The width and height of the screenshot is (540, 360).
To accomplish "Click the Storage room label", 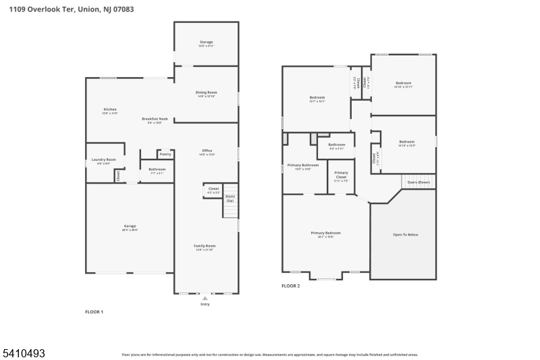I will [x=206, y=42].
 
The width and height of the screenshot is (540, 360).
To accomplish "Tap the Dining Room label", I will [x=206, y=93].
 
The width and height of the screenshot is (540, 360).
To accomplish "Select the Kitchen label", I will [x=110, y=109].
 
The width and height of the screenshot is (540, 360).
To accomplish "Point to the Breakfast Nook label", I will [x=155, y=119].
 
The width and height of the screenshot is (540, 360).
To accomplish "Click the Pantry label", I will [x=166, y=154].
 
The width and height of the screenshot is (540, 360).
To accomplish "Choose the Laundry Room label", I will [x=103, y=160].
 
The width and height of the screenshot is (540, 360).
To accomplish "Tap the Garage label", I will [x=130, y=226].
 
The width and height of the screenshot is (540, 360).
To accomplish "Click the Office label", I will [x=207, y=151].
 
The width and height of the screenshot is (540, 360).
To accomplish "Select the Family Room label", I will [x=205, y=246].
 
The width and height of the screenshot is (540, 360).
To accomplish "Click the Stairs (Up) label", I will [x=230, y=198].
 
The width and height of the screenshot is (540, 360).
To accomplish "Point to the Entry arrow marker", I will [x=205, y=298].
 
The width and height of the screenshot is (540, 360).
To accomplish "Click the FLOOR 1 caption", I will [x=94, y=312].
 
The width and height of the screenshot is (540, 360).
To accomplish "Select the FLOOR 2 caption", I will [x=290, y=286].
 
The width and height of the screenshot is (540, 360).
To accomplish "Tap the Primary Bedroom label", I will [x=322, y=233].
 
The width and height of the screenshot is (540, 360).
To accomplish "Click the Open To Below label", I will [x=405, y=234].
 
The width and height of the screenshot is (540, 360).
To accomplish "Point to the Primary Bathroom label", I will [x=302, y=165].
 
